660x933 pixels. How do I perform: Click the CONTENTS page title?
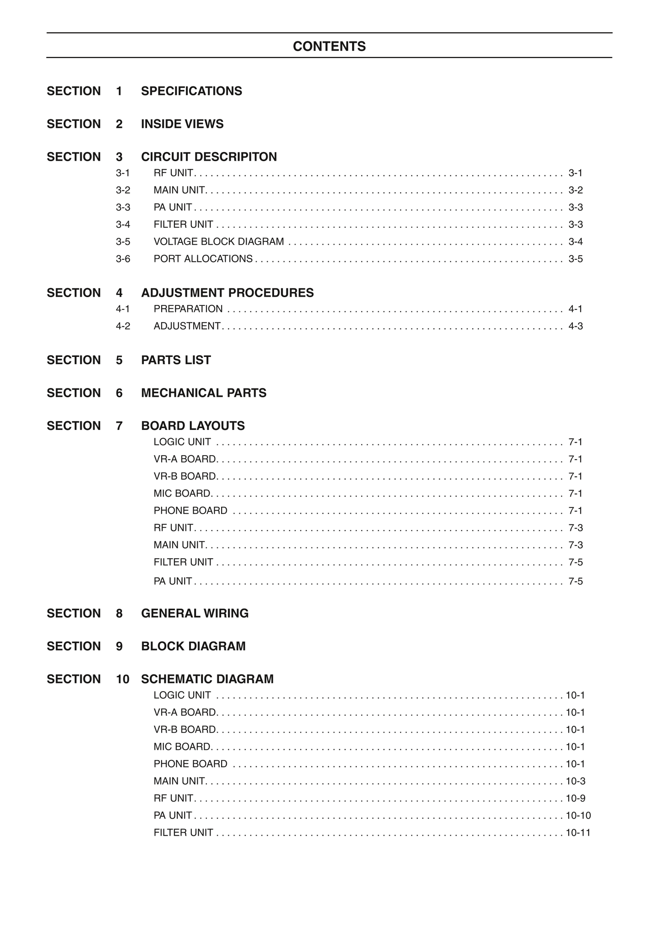[x=329, y=47]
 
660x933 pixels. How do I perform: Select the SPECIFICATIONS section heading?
[x=191, y=91]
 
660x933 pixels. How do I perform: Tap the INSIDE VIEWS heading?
[x=182, y=124]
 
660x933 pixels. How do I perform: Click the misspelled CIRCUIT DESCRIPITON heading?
[x=209, y=157]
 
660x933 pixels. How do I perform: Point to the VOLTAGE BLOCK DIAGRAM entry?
[x=219, y=241]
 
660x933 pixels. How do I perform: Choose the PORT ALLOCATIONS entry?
[x=203, y=259]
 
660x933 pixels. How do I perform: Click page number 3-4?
[x=576, y=241]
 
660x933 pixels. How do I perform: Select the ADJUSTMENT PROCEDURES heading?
[x=227, y=293]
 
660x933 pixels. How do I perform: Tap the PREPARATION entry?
[x=188, y=309]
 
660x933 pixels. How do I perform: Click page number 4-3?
[x=576, y=326]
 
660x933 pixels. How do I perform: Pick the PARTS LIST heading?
[x=176, y=360]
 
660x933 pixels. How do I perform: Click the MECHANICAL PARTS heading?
[x=204, y=393]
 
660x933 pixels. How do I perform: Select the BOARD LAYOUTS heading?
[x=193, y=426]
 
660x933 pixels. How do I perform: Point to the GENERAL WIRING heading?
[x=195, y=613]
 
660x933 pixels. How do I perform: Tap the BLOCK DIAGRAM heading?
[x=193, y=646]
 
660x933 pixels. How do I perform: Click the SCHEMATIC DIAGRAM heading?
[x=207, y=679]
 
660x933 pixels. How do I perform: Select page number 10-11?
[x=578, y=833]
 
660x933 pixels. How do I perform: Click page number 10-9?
[x=576, y=798]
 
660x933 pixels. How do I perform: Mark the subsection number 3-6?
[x=123, y=259]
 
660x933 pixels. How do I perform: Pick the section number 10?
[x=123, y=679]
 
